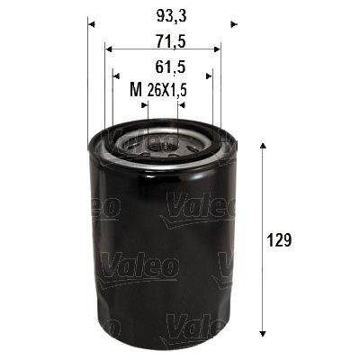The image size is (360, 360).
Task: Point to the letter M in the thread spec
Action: point(136,90)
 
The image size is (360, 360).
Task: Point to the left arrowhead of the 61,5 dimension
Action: point(116,76)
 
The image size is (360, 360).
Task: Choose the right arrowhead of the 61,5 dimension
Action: point(210,76)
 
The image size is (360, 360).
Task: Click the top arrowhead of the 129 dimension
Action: point(263,145)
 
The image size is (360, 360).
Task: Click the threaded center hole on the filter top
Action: point(162,142)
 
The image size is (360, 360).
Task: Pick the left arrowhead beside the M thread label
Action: point(146,103)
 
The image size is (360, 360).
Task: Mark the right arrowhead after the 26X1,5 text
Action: point(180,103)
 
